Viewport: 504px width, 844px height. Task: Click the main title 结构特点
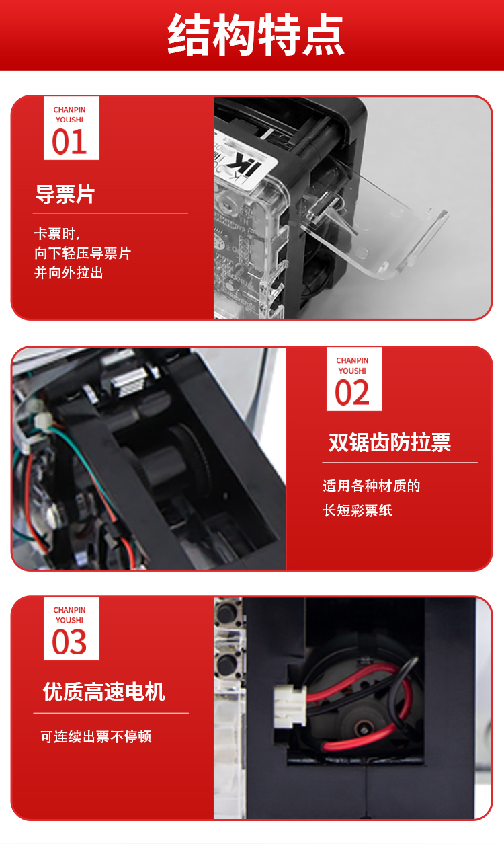[255, 35]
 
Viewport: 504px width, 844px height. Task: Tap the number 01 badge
[71, 128]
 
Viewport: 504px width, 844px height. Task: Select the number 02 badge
[354, 379]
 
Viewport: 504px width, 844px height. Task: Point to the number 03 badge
[71, 629]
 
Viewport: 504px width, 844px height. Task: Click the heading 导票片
[65, 194]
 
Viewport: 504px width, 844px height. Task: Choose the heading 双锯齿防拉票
[390, 442]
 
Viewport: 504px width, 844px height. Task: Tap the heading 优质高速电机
[104, 692]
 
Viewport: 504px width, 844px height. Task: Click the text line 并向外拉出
[69, 272]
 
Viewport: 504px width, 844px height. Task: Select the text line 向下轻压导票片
[83, 253]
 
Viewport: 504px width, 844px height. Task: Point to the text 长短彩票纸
[358, 511]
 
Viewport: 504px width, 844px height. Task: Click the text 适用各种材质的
[372, 486]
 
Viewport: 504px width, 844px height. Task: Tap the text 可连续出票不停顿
[96, 736]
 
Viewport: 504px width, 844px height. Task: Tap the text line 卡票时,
[57, 233]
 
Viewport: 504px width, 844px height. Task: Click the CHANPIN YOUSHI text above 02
[352, 365]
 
